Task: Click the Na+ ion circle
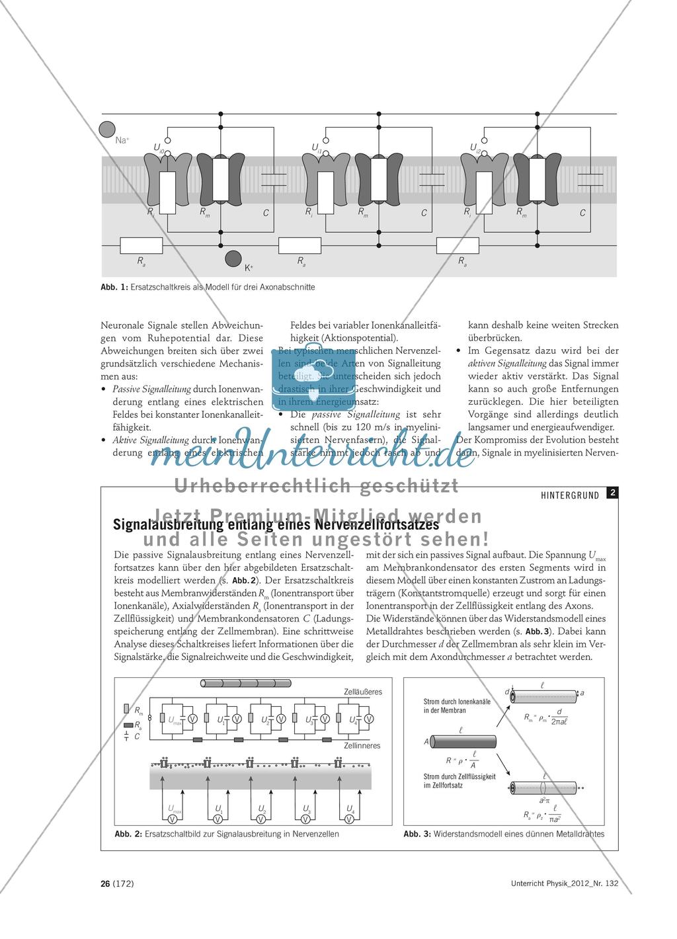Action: pyautogui.click(x=107, y=130)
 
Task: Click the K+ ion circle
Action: pyautogui.click(x=233, y=259)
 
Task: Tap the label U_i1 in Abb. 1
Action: pyautogui.click(x=317, y=147)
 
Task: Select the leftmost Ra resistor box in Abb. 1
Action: pyautogui.click(x=141, y=246)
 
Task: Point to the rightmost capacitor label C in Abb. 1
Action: pyautogui.click(x=582, y=213)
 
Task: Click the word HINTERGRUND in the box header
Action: pyautogui.click(x=570, y=495)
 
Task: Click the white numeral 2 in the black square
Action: pyautogui.click(x=613, y=493)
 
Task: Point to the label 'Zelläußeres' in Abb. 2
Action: pyautogui.click(x=363, y=692)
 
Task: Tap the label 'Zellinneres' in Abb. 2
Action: pyautogui.click(x=362, y=745)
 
